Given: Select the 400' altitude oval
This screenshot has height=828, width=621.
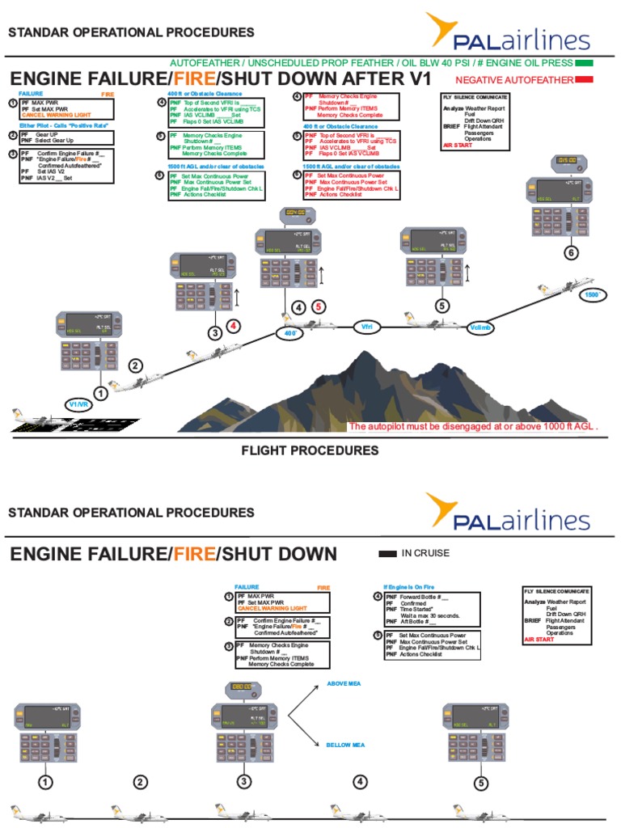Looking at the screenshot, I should coord(288,333).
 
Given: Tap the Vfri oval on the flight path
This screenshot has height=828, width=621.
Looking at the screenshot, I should coord(366,327).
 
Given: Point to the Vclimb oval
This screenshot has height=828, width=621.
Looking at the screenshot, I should coord(480,327).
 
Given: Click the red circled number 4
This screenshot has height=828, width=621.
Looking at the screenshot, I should coord(233,327).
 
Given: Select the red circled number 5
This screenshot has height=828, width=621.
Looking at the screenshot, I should coord(319,306).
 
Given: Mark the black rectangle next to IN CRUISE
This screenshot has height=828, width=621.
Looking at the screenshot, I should coord(387,554).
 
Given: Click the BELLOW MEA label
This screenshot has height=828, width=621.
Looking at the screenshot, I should coord(345,745).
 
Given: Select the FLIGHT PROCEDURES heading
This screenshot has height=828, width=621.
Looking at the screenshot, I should coord(310,450).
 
